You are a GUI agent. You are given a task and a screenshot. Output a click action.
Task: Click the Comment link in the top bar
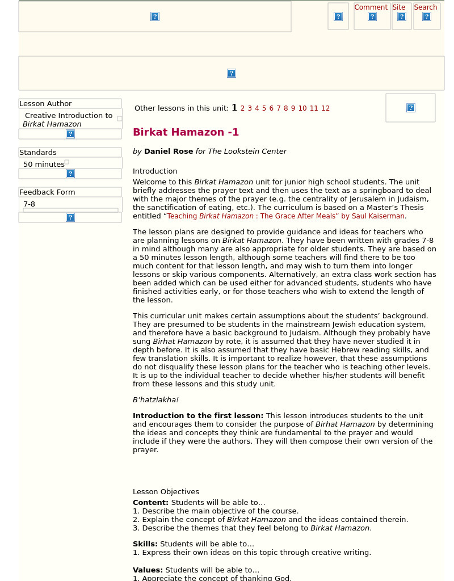pos(371,7)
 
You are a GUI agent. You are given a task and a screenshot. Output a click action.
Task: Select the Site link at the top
pos(399,7)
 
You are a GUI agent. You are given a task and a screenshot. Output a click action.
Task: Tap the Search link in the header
pos(425,7)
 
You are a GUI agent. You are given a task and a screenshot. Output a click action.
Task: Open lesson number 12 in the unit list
pos(325,108)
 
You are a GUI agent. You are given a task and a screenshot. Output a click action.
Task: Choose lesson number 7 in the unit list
pos(278,108)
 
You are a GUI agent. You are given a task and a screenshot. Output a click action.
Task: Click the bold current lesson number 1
pos(234,108)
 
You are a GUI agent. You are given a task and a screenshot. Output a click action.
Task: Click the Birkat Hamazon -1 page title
pos(186,132)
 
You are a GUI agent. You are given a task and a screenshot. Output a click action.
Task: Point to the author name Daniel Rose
pos(169,151)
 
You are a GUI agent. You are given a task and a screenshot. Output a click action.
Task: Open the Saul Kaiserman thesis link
pos(285,216)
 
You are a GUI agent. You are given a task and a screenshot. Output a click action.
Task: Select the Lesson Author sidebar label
pos(45,104)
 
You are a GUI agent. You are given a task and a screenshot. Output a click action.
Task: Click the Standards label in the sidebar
pos(38,153)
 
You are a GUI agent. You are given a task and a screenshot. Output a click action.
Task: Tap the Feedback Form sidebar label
pos(47,192)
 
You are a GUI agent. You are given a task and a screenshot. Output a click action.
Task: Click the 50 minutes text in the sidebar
pos(44,165)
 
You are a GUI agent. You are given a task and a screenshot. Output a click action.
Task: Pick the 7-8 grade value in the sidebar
pos(29,204)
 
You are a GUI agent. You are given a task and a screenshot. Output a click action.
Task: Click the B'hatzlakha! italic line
pos(155,400)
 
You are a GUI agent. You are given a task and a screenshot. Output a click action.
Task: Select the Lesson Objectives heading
pos(166,492)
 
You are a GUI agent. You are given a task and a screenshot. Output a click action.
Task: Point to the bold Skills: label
pos(145,544)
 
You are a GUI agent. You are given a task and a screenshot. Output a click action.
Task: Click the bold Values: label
pos(148,570)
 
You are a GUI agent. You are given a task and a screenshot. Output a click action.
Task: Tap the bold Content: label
pos(150,503)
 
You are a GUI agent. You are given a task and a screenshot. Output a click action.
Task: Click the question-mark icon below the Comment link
pos(372,16)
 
